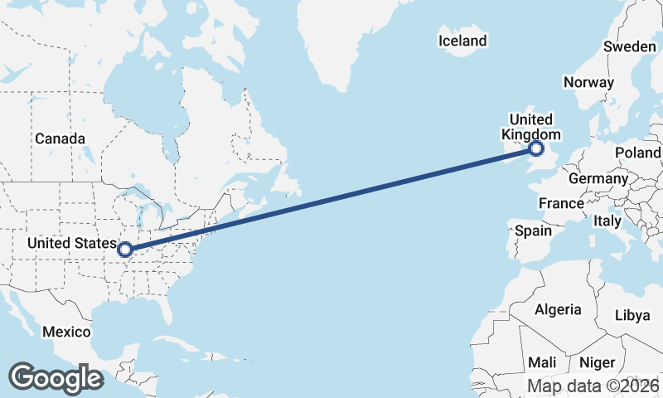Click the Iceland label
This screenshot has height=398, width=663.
click(462, 41)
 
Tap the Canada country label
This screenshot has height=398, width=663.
click(60, 138)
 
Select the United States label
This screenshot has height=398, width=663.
click(72, 243)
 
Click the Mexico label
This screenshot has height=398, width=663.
click(66, 332)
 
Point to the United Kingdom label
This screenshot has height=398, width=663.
click(531, 127)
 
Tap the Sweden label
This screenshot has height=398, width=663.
click(629, 46)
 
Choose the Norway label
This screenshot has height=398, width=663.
click(588, 82)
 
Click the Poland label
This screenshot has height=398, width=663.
click(637, 153)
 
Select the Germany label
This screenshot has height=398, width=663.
click(598, 178)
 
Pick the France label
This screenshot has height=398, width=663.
click(561, 203)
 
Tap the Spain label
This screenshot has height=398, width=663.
click(533, 231)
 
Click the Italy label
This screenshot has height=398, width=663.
click(607, 221)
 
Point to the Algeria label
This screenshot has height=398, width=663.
click(558, 309)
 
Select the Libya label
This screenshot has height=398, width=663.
click(632, 315)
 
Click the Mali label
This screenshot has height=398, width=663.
click(543, 362)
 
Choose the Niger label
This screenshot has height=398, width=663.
click(597, 362)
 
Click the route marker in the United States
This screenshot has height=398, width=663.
click(125, 250)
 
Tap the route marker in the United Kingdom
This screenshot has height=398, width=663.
click(536, 149)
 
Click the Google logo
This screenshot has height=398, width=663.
click(56, 378)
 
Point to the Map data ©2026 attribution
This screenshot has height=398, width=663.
click(593, 386)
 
